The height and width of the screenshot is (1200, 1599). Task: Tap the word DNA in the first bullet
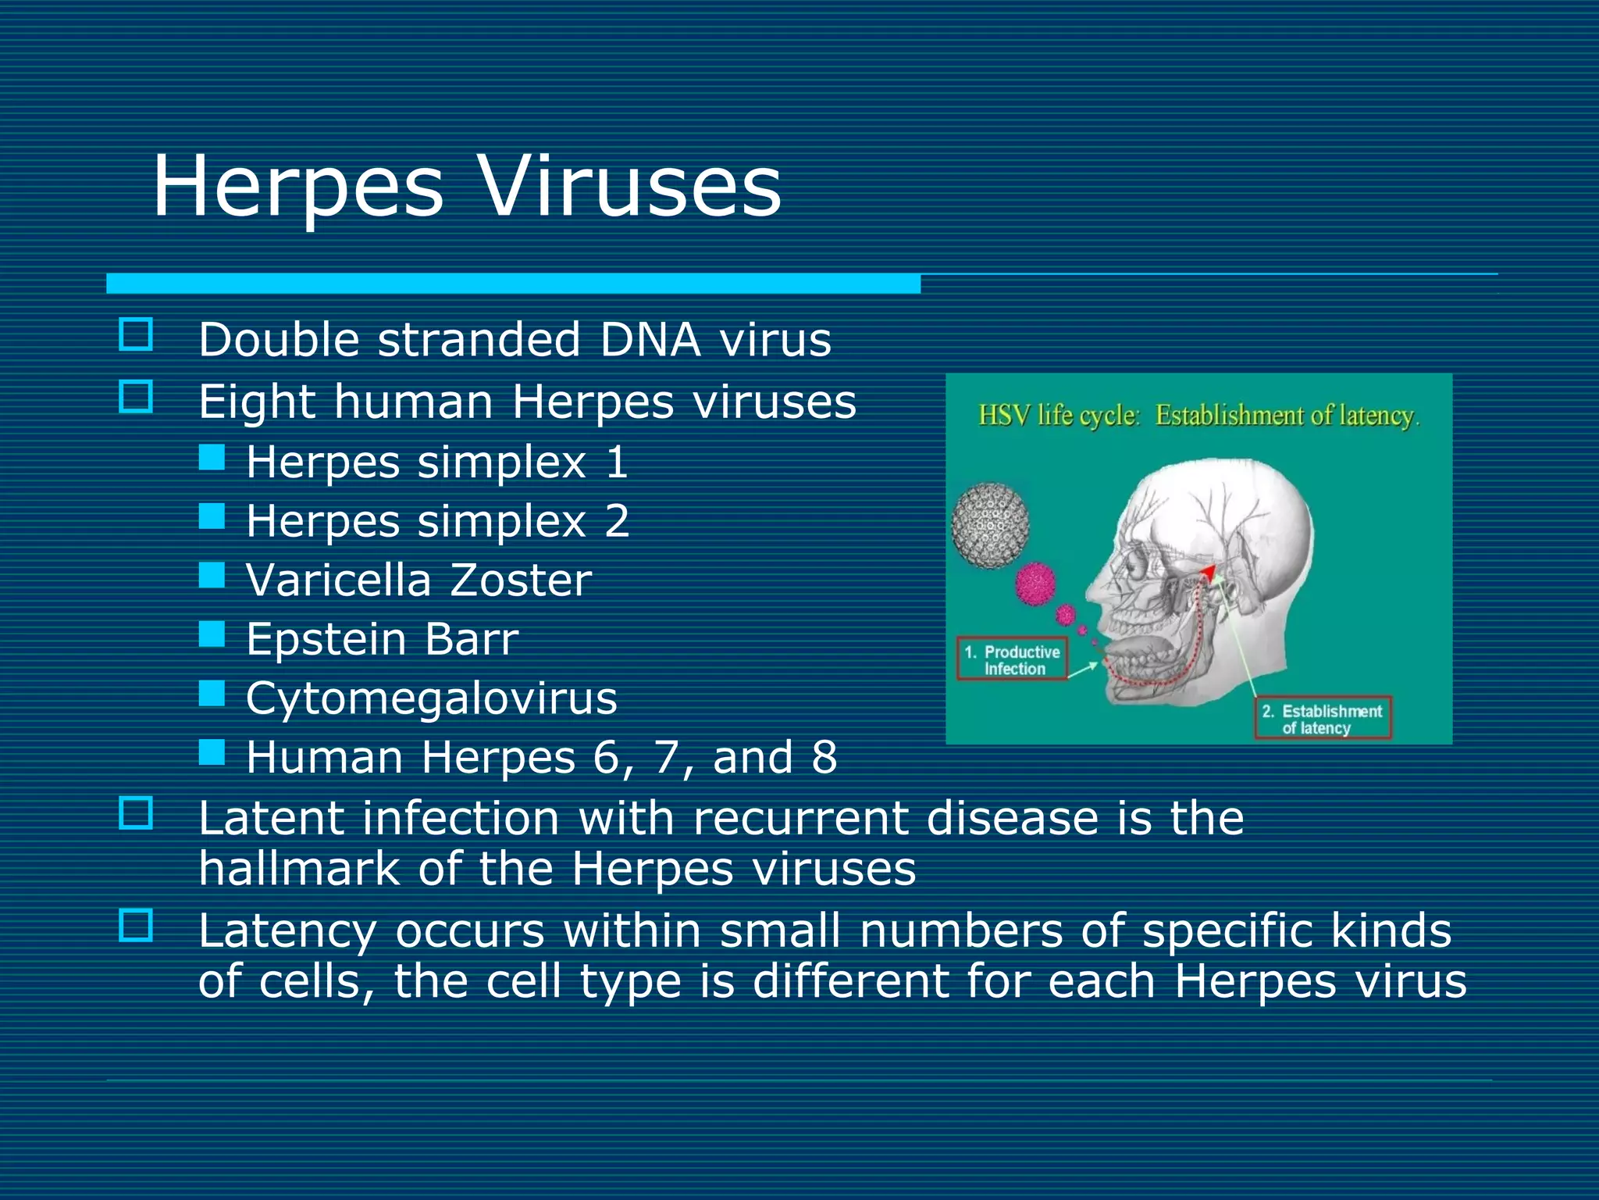(650, 341)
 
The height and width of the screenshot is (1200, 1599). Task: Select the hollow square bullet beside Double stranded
(136, 334)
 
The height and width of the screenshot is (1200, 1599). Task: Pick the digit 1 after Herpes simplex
(617, 462)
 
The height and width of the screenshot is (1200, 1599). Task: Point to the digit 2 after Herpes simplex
(617, 521)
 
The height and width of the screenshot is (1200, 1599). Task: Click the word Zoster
(520, 580)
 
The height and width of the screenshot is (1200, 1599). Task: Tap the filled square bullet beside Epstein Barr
(212, 634)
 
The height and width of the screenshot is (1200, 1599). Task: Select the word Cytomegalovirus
(432, 698)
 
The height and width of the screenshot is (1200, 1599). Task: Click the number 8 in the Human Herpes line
(824, 758)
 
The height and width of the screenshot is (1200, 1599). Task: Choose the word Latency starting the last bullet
(287, 932)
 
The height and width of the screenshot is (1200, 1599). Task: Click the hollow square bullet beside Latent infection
(136, 813)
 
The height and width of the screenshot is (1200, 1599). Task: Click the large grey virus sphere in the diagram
(990, 525)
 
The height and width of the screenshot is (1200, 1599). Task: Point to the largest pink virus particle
(1035, 584)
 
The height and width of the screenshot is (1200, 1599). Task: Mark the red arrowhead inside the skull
(1209, 573)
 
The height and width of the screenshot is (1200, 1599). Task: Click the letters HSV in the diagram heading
(1004, 416)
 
